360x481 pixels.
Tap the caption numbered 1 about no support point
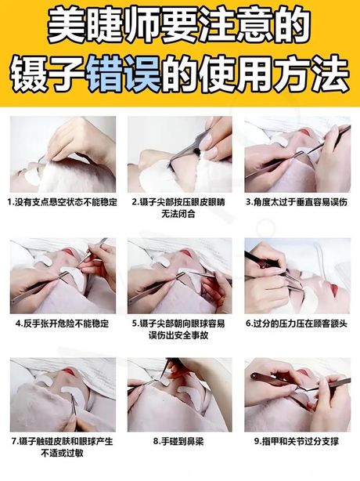click(x=63, y=202)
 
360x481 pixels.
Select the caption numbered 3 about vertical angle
click(x=297, y=202)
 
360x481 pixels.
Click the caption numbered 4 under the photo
click(x=63, y=324)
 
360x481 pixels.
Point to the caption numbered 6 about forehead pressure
click(x=297, y=324)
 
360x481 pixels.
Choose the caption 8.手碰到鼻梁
click(x=178, y=441)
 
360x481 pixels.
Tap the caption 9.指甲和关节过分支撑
click(x=297, y=441)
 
